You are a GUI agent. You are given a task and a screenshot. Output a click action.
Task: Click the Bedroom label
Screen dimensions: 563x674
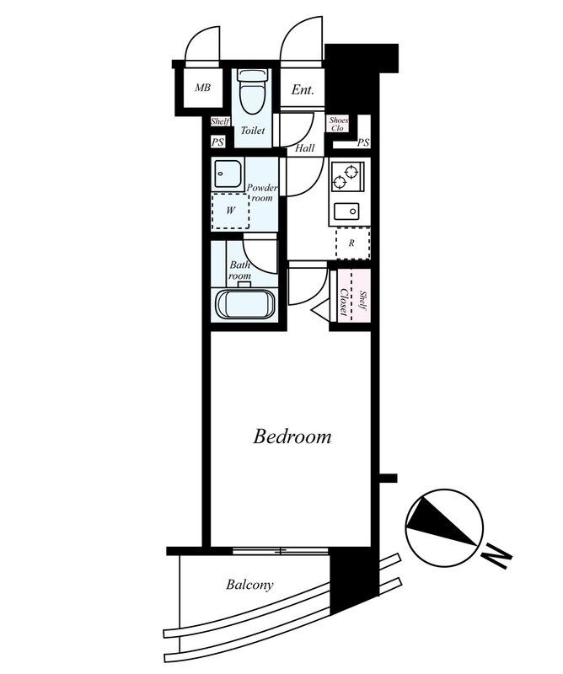(292, 436)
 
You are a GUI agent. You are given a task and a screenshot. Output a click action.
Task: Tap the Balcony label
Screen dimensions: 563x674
(249, 585)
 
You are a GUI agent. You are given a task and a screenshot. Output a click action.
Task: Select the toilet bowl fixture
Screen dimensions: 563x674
(253, 92)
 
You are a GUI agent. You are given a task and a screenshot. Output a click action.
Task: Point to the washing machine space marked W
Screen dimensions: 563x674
(231, 211)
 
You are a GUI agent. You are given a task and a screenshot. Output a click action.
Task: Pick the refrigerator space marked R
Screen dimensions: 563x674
(352, 243)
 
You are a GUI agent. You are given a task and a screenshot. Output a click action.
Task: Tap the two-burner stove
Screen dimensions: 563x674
(347, 176)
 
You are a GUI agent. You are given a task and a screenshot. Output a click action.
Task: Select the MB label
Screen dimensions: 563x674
(202, 88)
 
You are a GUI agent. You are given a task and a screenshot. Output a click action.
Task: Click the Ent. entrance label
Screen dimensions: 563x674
(303, 90)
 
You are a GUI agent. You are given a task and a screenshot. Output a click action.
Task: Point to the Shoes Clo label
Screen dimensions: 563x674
(339, 124)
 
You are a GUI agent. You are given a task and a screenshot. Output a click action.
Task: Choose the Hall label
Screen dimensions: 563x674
(304, 148)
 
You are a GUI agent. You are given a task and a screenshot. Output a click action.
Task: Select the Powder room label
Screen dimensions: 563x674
(262, 193)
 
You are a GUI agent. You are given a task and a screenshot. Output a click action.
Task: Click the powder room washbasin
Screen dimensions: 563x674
(228, 174)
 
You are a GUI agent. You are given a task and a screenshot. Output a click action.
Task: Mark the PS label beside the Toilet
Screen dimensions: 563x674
(217, 142)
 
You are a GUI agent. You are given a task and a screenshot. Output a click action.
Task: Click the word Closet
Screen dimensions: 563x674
(344, 302)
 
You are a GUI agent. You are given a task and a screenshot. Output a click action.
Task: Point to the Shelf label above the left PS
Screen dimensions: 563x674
(220, 121)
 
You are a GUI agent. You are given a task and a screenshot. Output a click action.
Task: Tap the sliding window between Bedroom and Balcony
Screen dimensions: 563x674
(281, 551)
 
